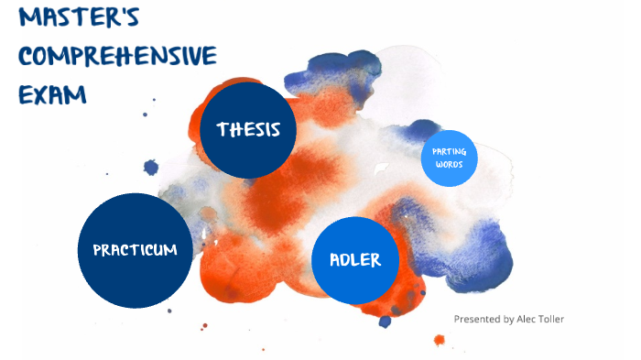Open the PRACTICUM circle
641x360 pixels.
(136, 250)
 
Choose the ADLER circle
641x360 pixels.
(355, 260)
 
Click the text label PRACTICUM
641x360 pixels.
(136, 250)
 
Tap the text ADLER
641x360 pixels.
(355, 260)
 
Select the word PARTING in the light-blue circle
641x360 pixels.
(450, 152)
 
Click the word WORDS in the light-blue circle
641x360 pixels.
(450, 165)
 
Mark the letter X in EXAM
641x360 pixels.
(41, 93)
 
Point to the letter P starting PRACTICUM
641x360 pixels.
(97, 250)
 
